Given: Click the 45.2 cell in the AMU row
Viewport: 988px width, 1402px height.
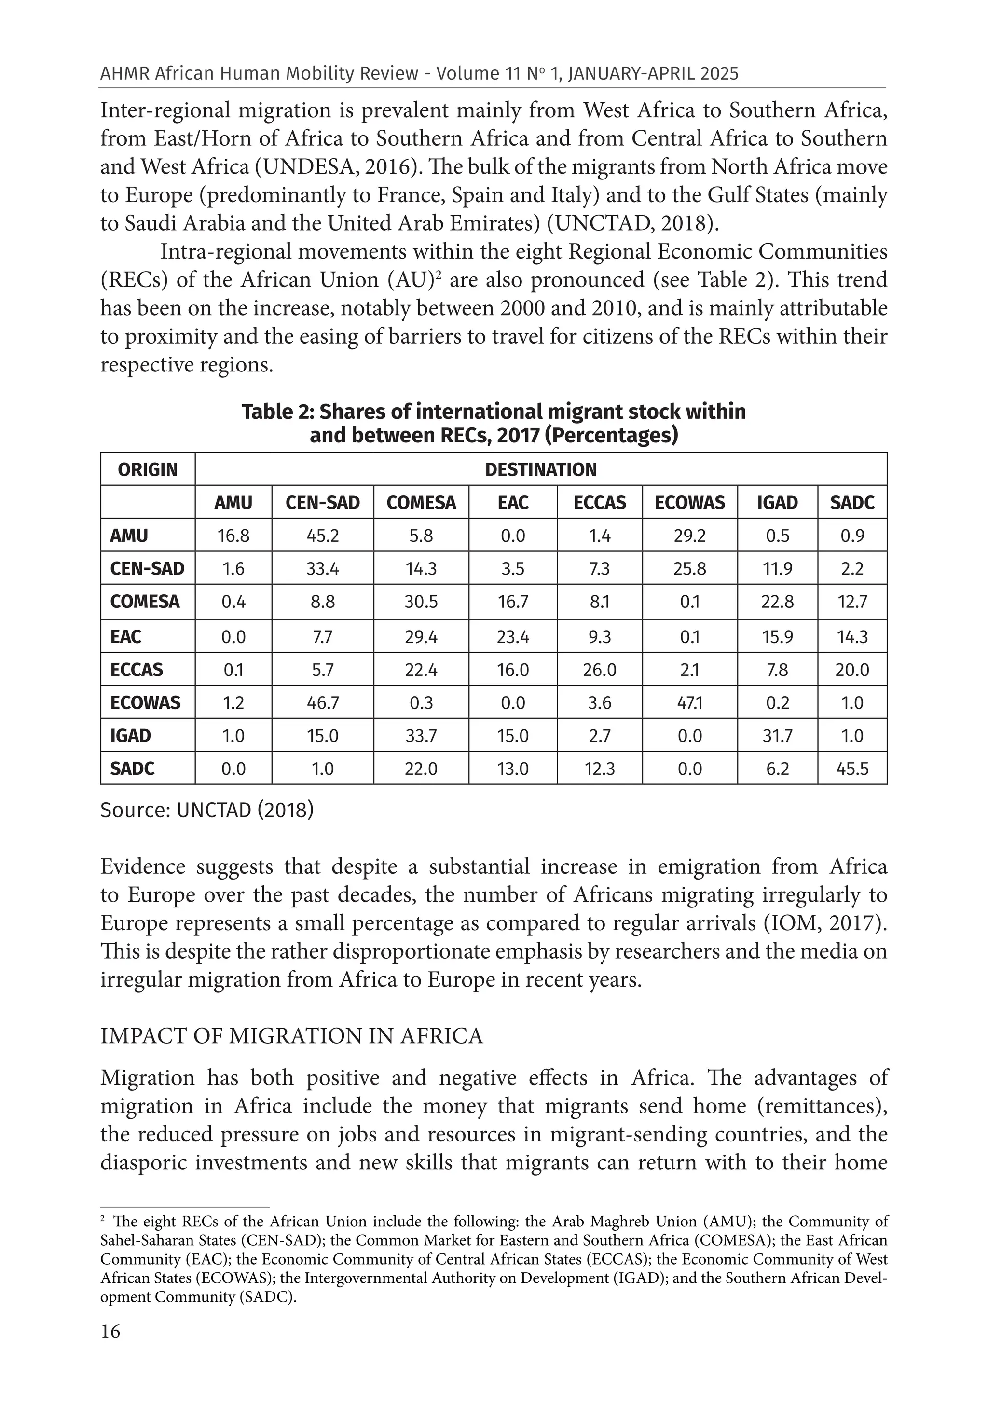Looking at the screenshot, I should click(322, 536).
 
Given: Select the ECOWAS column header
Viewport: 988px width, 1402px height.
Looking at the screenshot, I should click(689, 503).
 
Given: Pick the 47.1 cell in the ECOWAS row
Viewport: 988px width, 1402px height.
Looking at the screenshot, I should click(689, 703).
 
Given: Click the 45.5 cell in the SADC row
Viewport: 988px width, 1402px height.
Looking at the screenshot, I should click(852, 768).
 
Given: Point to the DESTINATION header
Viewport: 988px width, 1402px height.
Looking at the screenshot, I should click(540, 469).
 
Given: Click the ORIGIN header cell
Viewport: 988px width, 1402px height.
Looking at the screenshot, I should click(147, 469).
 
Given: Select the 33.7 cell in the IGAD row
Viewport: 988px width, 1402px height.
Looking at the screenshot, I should click(421, 735).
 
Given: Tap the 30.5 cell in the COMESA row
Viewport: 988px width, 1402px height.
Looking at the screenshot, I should click(421, 602).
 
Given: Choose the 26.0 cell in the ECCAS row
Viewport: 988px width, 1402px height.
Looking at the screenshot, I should click(599, 670).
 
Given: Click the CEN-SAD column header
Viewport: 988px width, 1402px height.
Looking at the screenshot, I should click(322, 503).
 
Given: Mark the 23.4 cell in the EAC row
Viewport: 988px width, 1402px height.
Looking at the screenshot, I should click(512, 637).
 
